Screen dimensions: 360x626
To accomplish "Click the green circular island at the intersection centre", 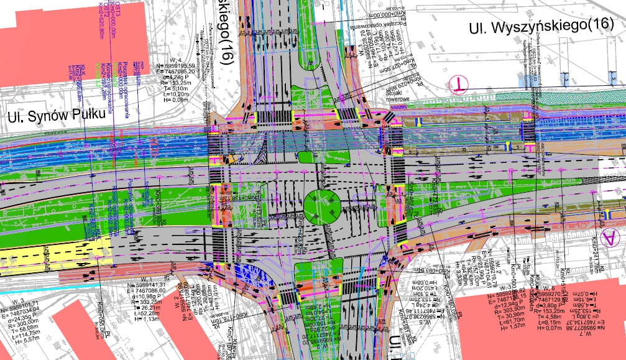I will [322, 206].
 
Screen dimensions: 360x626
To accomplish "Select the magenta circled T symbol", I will [459, 83].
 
